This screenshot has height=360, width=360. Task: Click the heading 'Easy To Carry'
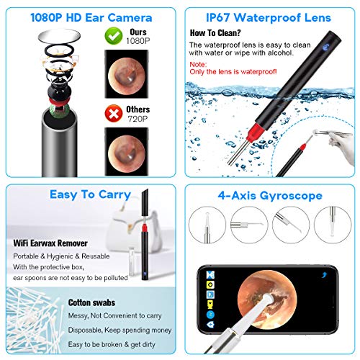[x=91, y=194]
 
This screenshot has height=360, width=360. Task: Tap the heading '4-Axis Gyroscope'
[x=269, y=194]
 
